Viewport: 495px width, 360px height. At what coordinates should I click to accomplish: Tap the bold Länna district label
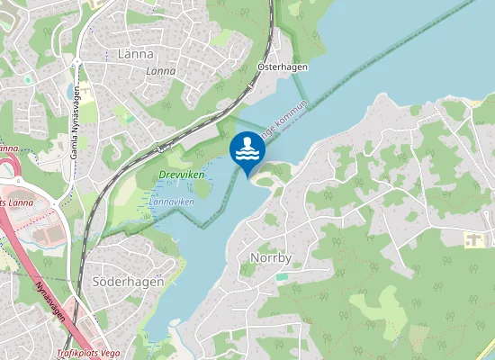[x=136, y=54]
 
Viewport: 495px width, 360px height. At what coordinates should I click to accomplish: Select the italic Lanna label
[x=160, y=70]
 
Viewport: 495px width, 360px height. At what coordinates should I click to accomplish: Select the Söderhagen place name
[x=128, y=281]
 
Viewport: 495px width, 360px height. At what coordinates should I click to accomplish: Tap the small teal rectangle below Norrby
[x=282, y=276]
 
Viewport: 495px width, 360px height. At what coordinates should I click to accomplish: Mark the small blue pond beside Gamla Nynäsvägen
[x=71, y=91]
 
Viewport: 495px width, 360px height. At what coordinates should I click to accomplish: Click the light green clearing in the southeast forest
[x=378, y=306]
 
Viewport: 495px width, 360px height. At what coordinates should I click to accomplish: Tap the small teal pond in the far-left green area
[x=27, y=79]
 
